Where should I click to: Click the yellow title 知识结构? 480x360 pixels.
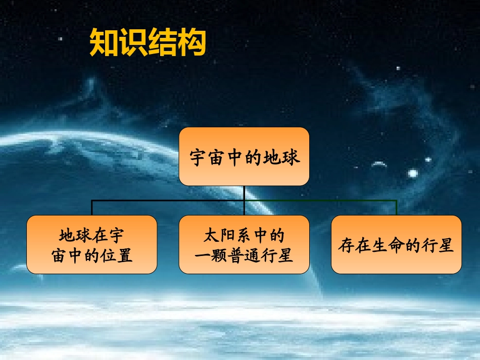(x=148, y=43)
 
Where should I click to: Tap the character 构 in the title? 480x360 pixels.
(x=191, y=43)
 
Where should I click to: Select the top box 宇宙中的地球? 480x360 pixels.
(x=244, y=156)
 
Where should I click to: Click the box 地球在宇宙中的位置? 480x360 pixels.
(x=91, y=245)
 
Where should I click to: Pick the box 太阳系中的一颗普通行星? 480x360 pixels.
(x=244, y=245)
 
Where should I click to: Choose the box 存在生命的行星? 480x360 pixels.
(x=396, y=245)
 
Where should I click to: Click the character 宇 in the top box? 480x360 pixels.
(x=199, y=157)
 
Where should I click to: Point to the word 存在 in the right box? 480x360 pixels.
(x=353, y=246)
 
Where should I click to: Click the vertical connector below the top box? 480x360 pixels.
(x=244, y=192)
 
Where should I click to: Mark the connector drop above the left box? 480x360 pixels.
(x=91, y=208)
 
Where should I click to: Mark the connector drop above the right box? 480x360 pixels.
(x=397, y=208)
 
